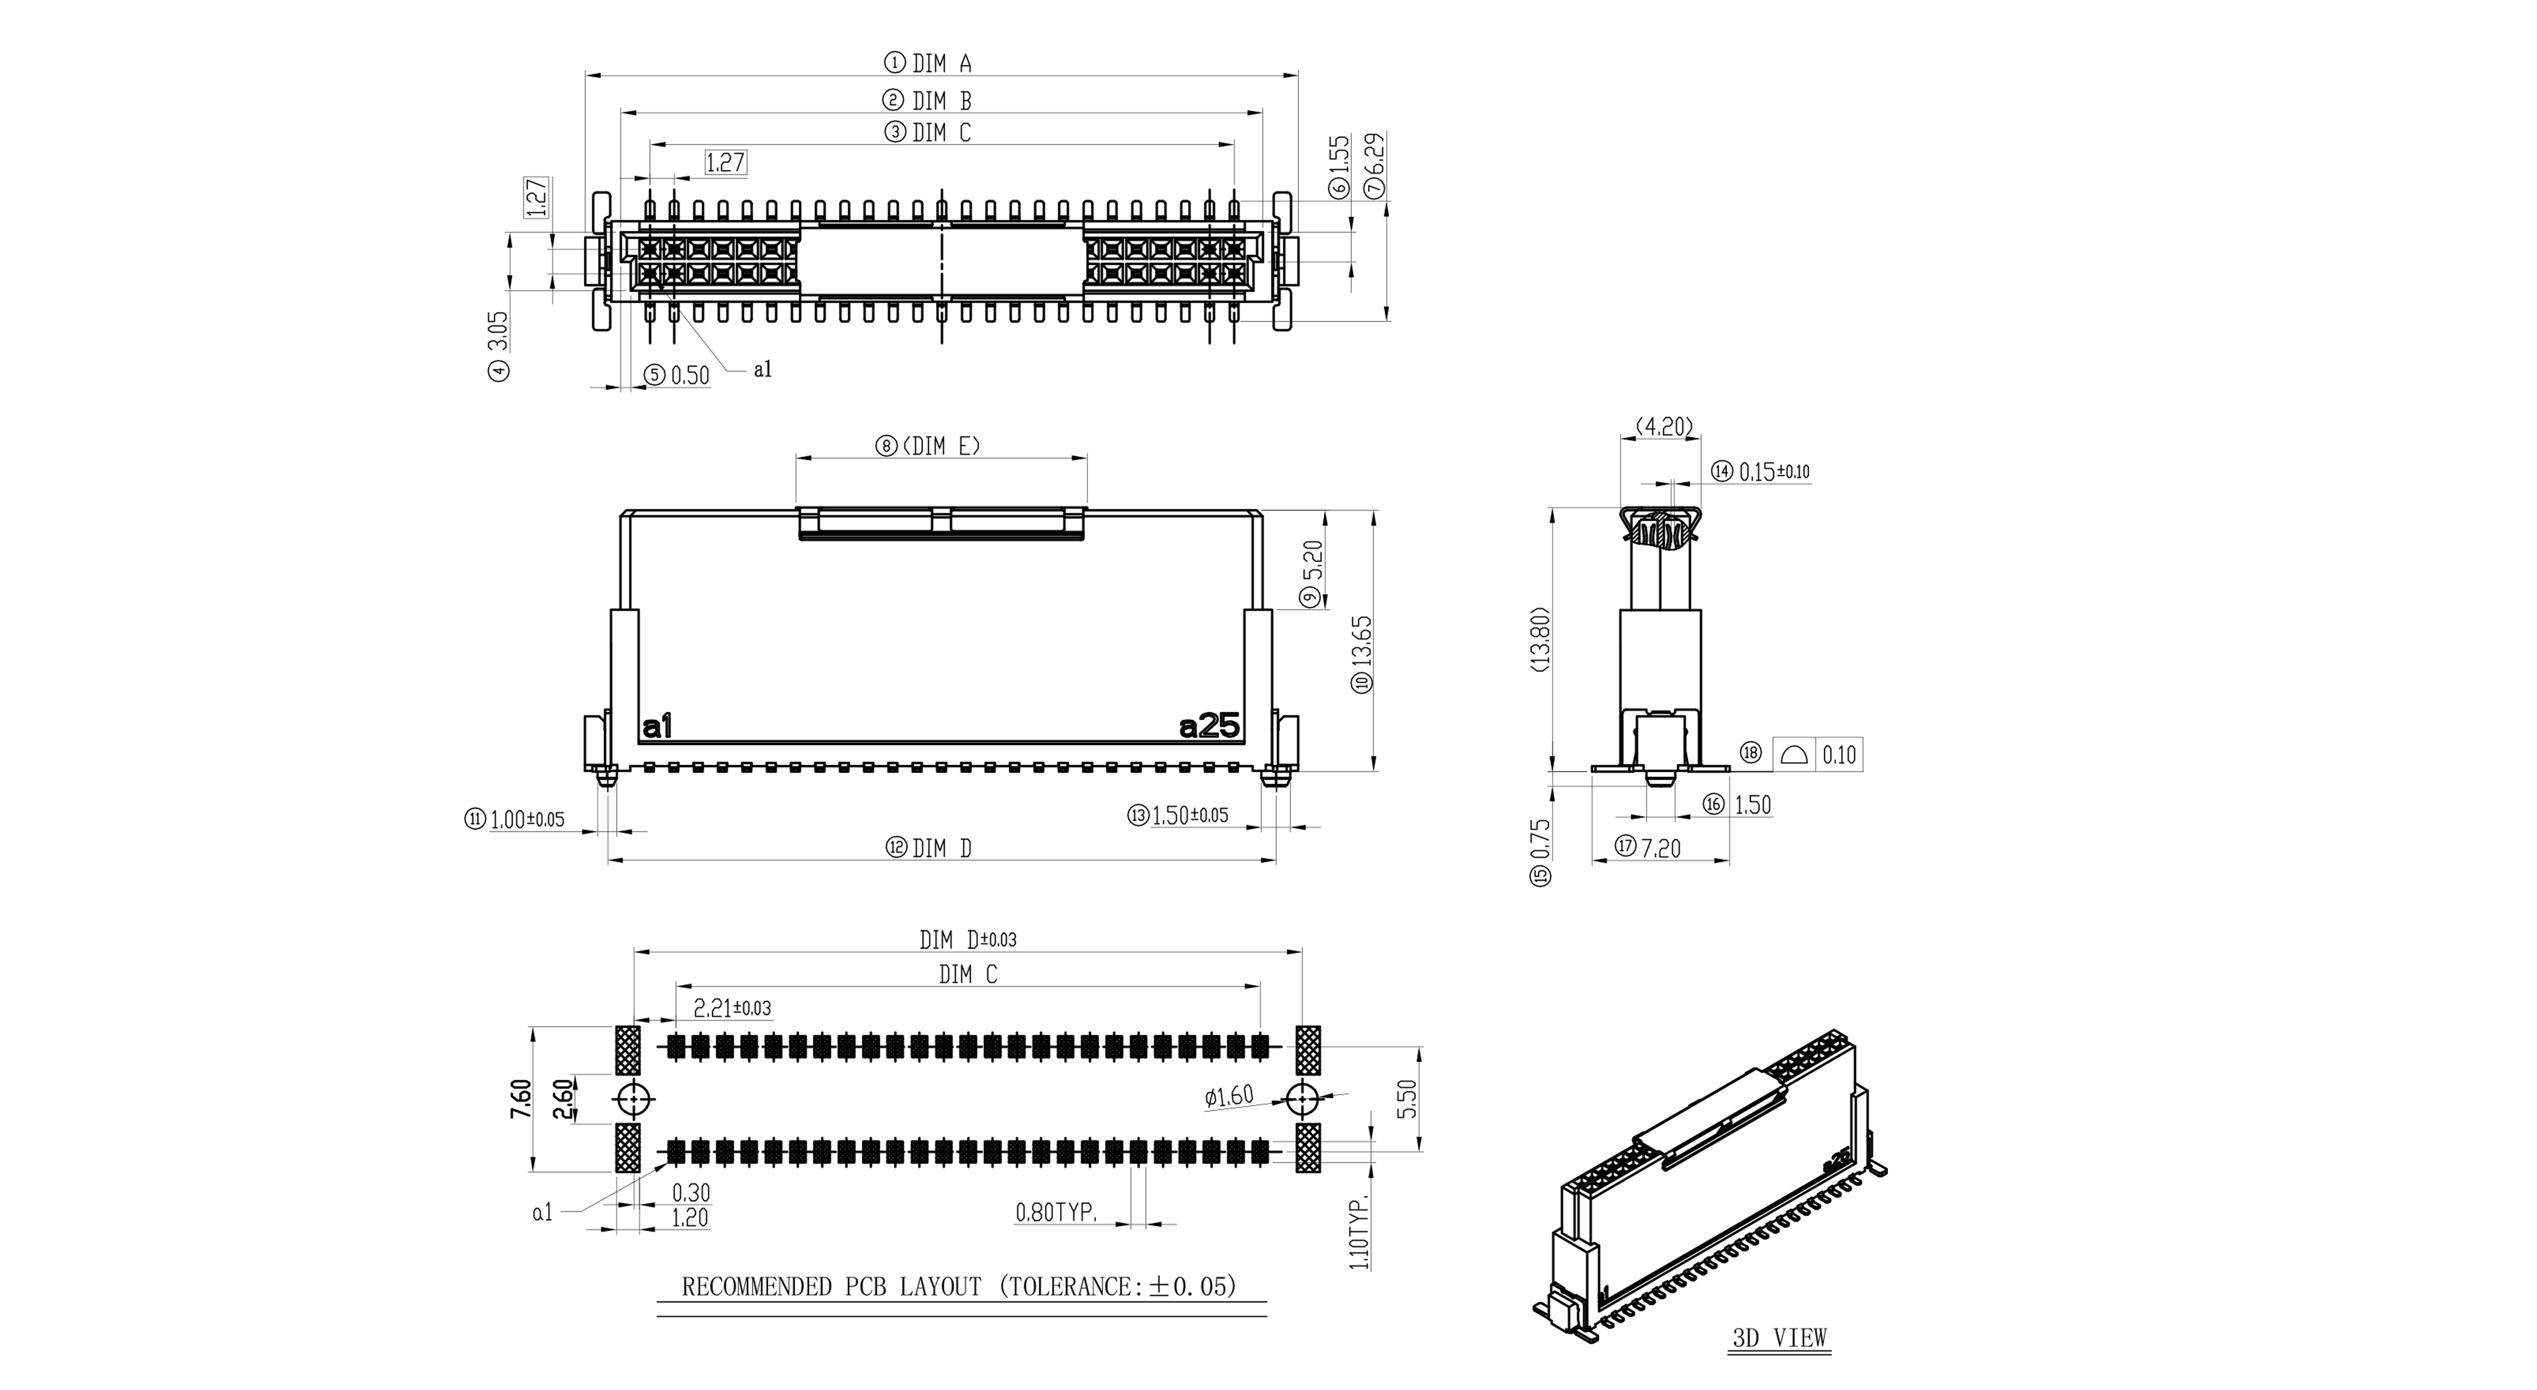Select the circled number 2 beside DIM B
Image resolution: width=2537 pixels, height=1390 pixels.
click(893, 100)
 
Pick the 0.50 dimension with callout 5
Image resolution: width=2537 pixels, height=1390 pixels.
click(689, 375)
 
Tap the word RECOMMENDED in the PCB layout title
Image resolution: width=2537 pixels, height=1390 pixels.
click(757, 1286)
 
